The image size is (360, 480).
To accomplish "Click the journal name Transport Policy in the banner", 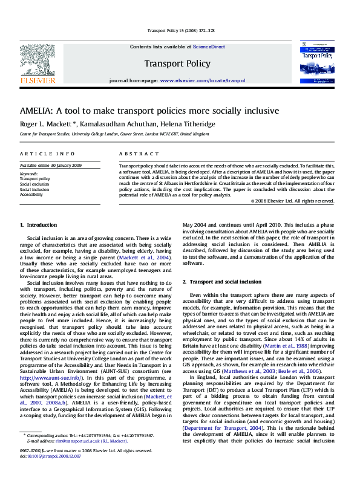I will pyautogui.click(x=177, y=63).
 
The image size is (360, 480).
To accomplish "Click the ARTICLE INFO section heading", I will pyautogui.click(x=39, y=154).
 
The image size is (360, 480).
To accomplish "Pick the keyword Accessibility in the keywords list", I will pyautogui.click(x=31, y=195).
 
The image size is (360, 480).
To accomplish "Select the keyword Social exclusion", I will pyautogui.click(x=34, y=184).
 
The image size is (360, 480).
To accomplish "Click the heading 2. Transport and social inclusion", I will pyautogui.click(x=222, y=282).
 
